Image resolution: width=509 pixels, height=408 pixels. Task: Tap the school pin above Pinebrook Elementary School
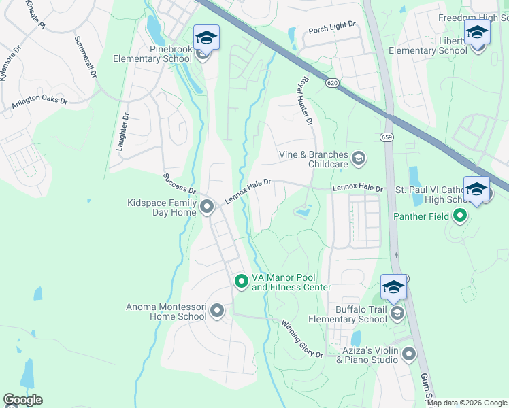pos(206,37)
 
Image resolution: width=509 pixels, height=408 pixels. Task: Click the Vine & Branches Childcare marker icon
pos(359,158)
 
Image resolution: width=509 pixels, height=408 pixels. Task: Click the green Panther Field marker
pos(460,217)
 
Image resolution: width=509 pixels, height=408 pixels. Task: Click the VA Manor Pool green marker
pos(241,281)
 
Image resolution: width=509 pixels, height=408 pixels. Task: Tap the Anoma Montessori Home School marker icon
pos(217,311)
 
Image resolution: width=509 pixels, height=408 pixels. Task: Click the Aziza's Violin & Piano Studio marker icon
pos(408,354)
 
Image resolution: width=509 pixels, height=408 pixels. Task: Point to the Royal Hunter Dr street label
pos(303,101)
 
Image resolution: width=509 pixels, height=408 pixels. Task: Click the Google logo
pos(22,400)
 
